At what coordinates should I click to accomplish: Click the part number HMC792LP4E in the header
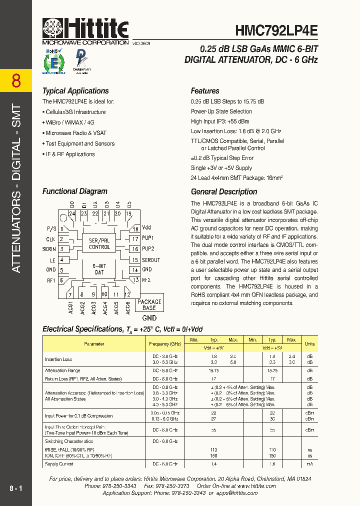point(276,29)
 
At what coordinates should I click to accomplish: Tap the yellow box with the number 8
point(16,80)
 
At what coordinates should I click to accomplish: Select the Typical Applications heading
point(75,91)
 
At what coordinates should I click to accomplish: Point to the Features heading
point(205,91)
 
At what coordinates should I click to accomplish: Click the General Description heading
point(224,191)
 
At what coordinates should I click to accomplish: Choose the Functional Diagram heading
point(74,191)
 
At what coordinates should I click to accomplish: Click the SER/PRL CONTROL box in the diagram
point(99,243)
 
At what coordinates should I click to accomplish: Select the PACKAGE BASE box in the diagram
point(149,304)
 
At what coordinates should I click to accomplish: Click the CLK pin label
point(50,239)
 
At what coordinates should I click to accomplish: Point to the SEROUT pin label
point(151,259)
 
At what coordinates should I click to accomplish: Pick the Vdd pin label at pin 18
point(146,228)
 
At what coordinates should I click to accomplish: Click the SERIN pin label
point(49,249)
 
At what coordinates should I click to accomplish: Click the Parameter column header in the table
point(94,344)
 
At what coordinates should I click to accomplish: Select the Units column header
point(310,344)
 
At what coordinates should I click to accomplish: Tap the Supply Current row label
point(59,464)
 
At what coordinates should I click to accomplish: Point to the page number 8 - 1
point(16,487)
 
